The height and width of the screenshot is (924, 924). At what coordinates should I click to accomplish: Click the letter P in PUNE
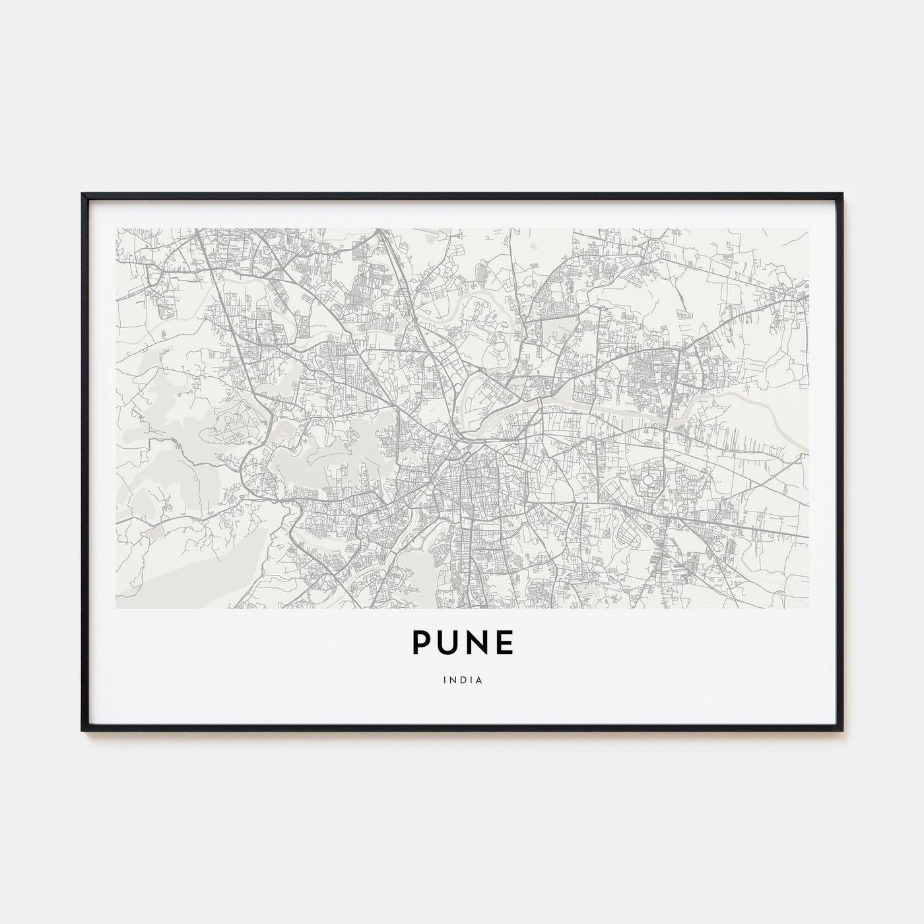click(422, 642)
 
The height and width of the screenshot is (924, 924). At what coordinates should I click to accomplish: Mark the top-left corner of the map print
click(116, 229)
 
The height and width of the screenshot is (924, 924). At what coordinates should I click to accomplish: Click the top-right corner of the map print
click(808, 229)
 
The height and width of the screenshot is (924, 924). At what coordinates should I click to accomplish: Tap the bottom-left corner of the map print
click(116, 608)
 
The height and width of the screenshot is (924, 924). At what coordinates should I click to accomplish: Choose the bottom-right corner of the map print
click(808, 608)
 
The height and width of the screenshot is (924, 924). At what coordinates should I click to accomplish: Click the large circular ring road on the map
click(647, 479)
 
